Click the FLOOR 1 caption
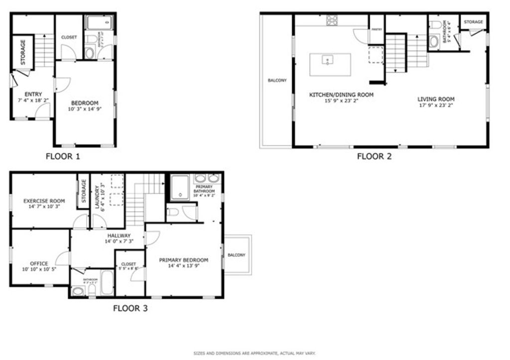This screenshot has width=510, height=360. [63, 156]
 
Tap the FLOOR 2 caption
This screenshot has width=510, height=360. [374, 156]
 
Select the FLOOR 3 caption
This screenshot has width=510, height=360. [130, 308]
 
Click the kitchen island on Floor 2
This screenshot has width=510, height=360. [330, 64]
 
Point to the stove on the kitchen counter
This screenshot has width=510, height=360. [332, 20]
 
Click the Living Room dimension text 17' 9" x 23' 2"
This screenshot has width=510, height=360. [436, 105]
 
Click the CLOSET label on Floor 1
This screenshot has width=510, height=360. [69, 37]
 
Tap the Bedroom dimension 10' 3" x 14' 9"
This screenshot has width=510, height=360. [85, 109]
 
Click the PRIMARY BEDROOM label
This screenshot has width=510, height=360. [183, 260]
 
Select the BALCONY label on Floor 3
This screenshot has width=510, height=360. [237, 255]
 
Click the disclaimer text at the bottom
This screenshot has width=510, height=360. [255, 354]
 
